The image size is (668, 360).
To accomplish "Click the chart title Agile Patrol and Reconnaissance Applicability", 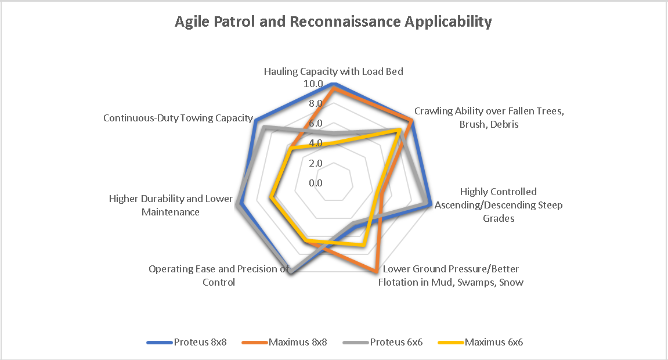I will [334, 23].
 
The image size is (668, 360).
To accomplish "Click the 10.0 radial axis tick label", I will [313, 84].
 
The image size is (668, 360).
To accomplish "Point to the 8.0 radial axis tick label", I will [316, 104].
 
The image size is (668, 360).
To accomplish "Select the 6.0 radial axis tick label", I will [316, 124].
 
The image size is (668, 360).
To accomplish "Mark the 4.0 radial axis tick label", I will [316, 143].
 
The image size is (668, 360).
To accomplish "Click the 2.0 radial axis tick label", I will [316, 163].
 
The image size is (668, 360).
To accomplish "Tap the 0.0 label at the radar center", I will [316, 183].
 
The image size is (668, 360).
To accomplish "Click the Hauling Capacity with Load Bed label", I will [334, 71].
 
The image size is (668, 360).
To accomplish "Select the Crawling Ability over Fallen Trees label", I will [488, 117].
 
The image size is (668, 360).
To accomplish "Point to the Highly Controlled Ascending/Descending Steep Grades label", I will [499, 205].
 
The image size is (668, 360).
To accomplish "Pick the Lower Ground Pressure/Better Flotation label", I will [451, 276].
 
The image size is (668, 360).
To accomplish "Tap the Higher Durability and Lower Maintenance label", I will [171, 206].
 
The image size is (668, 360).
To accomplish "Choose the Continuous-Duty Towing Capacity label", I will [178, 118].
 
